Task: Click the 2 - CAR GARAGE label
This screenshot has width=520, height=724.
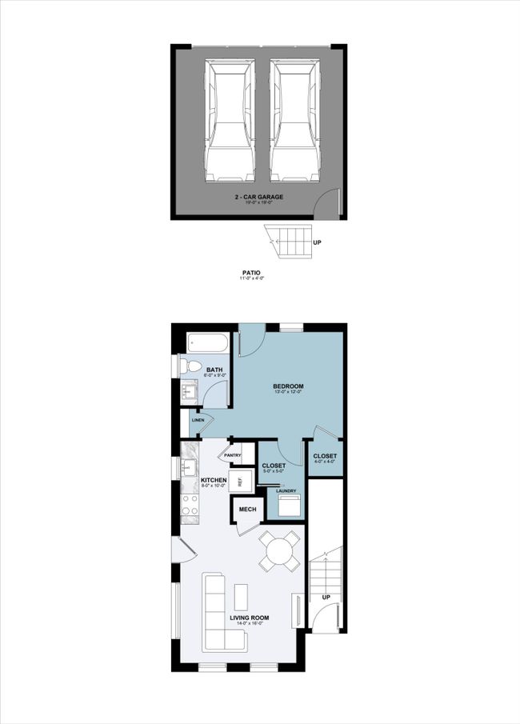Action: pos(258,196)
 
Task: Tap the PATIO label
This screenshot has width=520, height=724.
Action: pos(252,273)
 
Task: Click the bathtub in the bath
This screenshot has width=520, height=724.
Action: pos(208,344)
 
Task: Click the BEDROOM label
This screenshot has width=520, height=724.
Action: pos(288,386)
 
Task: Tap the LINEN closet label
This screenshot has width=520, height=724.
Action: pos(198,419)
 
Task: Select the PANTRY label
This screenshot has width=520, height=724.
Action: pos(233,455)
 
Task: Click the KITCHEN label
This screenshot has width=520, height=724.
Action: pos(202,480)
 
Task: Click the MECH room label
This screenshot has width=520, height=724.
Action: pos(246,509)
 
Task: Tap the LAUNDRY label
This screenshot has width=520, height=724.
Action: pos(287,491)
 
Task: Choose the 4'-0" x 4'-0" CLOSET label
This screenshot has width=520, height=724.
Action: pos(325,456)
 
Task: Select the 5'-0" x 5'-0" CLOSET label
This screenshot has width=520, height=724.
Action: pos(274,465)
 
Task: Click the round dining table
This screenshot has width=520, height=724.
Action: pos(280,551)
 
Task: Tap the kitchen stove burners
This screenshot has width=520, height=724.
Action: pos(190,504)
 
